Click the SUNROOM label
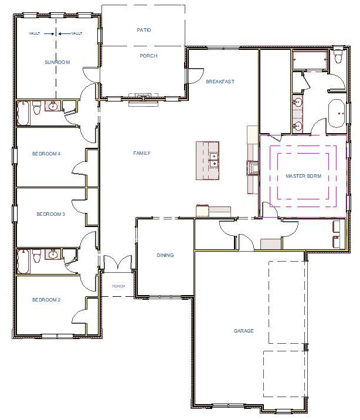click(57, 62)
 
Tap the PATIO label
click(144, 29)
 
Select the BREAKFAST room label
click(220, 82)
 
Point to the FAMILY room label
click(142, 153)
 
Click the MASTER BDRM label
click(303, 176)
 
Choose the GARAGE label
click(244, 331)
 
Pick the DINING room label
click(165, 255)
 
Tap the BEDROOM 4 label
click(46, 154)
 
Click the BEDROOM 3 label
click(50, 214)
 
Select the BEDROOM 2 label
click(46, 300)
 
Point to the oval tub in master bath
click(337, 113)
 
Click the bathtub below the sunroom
click(23, 113)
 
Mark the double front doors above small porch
click(118, 263)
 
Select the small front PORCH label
click(118, 286)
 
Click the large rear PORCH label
click(148, 56)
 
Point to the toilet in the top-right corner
click(338, 59)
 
